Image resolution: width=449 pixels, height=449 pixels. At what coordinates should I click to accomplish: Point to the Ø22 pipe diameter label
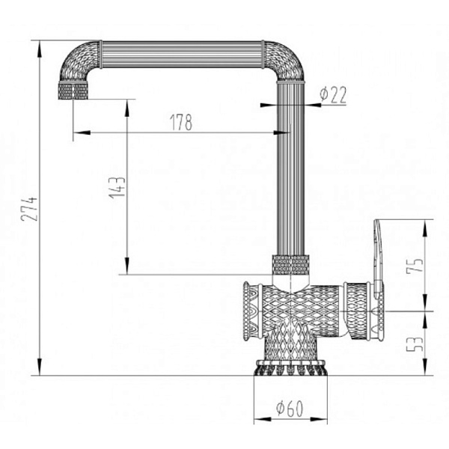coord(332,94)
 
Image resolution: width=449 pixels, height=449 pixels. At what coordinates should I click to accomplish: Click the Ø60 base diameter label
coord(290,409)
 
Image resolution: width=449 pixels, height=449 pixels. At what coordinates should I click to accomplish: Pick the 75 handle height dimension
coord(417,266)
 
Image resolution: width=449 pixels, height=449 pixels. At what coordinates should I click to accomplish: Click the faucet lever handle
coord(378,254)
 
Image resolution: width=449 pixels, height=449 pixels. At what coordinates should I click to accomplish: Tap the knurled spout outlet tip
coord(73,91)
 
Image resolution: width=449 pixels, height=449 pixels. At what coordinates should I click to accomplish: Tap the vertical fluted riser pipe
coord(291,172)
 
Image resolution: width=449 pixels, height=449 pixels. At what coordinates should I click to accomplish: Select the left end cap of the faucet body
coord(248,311)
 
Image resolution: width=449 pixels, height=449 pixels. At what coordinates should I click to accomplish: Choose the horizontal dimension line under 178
coord(180,133)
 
